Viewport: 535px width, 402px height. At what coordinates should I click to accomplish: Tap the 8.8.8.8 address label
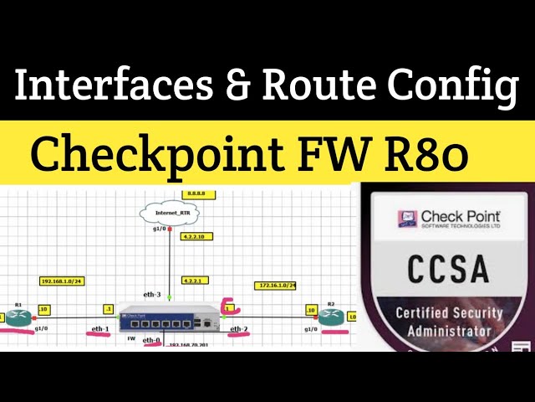click(x=199, y=194)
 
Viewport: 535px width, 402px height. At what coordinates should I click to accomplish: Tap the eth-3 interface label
click(x=151, y=295)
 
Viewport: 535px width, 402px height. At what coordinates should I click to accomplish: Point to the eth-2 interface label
click(x=239, y=329)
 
